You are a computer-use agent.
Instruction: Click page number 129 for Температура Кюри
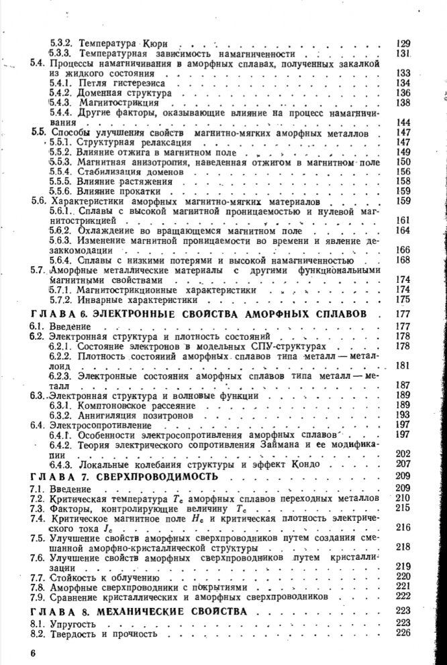click(x=403, y=43)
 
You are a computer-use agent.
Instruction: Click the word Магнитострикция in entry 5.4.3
click(x=118, y=103)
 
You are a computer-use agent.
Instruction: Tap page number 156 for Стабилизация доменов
click(x=403, y=172)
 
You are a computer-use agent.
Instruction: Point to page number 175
click(x=403, y=299)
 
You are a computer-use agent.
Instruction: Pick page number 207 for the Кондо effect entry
click(x=403, y=464)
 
